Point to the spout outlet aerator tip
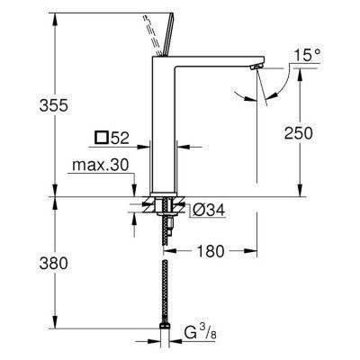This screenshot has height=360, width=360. click(257, 67)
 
